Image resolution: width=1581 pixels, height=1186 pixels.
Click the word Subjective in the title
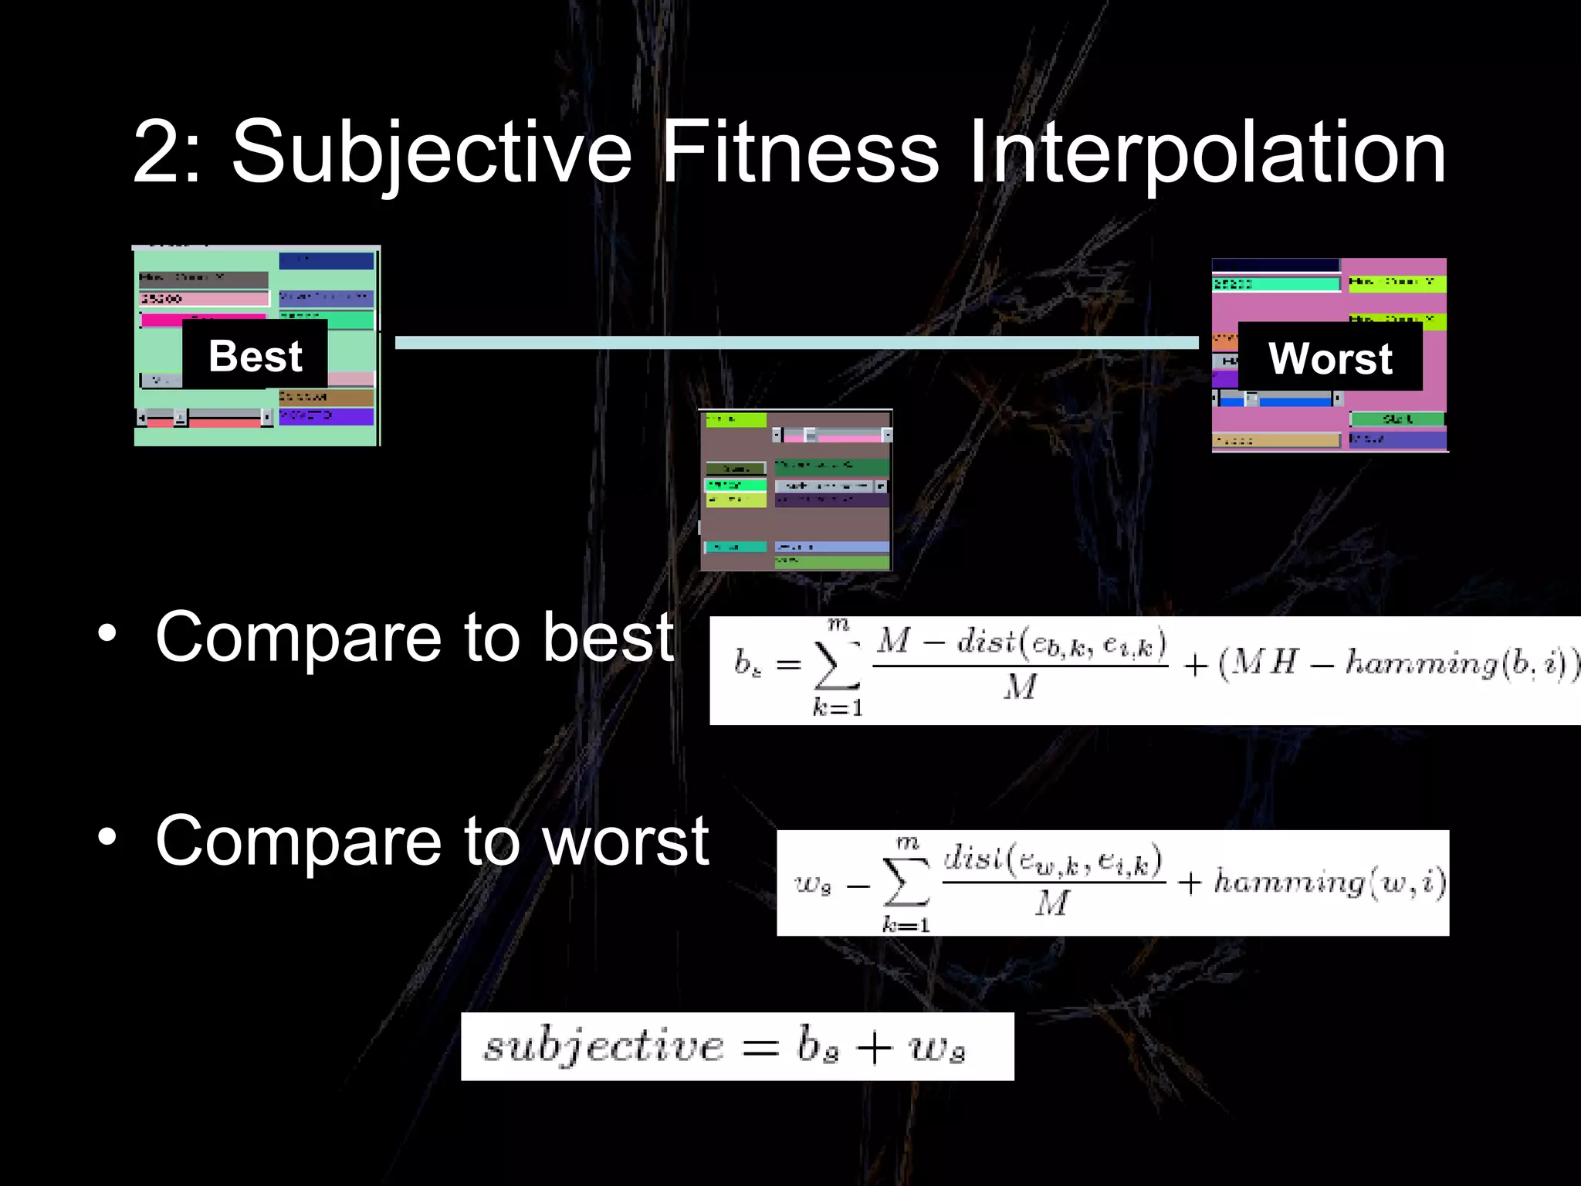tap(432, 153)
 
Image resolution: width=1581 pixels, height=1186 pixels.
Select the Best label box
tap(255, 356)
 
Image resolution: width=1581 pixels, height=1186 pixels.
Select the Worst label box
tap(1330, 358)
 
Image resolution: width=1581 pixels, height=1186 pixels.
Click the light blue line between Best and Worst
tap(795, 342)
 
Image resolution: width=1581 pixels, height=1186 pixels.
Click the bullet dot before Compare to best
tap(107, 634)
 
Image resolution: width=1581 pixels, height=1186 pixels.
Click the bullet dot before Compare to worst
tap(107, 837)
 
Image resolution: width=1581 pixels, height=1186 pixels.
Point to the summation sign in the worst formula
tap(906, 882)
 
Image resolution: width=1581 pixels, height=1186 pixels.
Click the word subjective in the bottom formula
tap(604, 1047)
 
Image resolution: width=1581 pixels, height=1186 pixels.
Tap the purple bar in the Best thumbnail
tap(326, 416)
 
